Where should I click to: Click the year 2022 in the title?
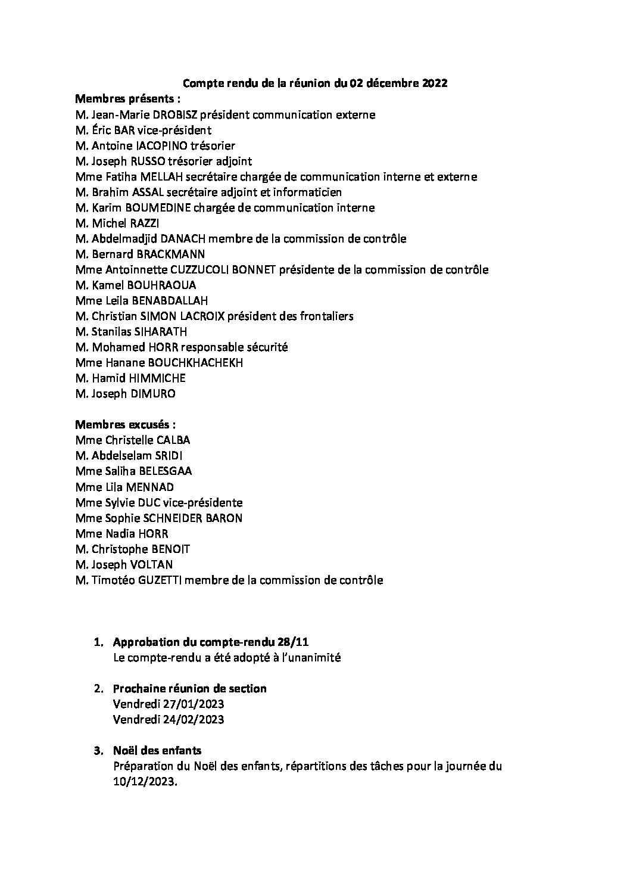435,83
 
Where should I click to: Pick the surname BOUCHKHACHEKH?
195,362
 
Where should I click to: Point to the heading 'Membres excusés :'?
126,425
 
